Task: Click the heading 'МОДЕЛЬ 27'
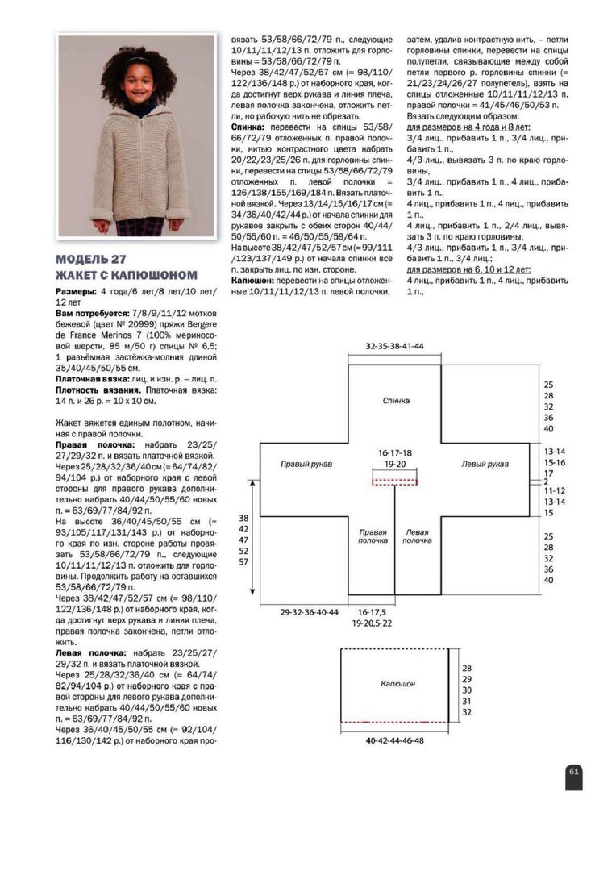(92, 260)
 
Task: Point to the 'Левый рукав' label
(485, 465)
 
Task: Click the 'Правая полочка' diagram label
(373, 536)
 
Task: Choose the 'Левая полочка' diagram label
(417, 536)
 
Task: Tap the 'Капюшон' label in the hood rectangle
(398, 683)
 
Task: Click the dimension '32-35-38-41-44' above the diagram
(394, 345)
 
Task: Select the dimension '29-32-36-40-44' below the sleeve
(310, 612)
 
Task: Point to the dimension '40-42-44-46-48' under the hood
(394, 740)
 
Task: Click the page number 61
(574, 772)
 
